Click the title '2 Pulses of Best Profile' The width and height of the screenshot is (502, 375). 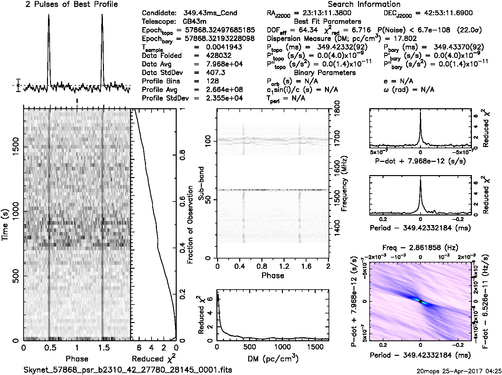pyautogui.click(x=71, y=4)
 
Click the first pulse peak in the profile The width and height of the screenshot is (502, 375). pyautogui.click(x=49, y=15)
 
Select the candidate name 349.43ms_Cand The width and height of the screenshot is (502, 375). pyautogui.click(x=210, y=13)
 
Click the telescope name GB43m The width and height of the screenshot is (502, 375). pyautogui.click(x=195, y=22)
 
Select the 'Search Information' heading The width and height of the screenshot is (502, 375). pyautogui.click(x=364, y=4)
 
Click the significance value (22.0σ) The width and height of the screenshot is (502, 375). pyautogui.click(x=469, y=30)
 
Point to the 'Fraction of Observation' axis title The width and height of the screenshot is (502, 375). pyautogui.click(x=190, y=225)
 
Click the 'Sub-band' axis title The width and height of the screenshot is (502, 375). pyautogui.click(x=201, y=184)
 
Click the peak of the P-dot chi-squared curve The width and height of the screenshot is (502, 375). pyautogui.click(x=420, y=113)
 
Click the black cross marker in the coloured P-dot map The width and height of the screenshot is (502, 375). pyautogui.click(x=420, y=302)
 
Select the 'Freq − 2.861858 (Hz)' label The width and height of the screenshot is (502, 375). pyautogui.click(x=420, y=248)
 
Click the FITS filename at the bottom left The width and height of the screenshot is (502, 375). pyautogui.click(x=128, y=370)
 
